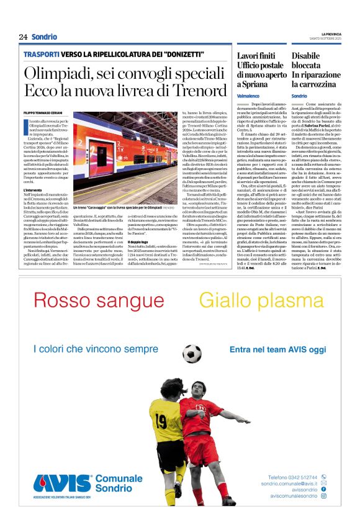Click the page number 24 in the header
[x=23, y=37]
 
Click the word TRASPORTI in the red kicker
[x=42, y=55]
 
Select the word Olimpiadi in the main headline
[x=56, y=73]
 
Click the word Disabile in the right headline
[x=308, y=56]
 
